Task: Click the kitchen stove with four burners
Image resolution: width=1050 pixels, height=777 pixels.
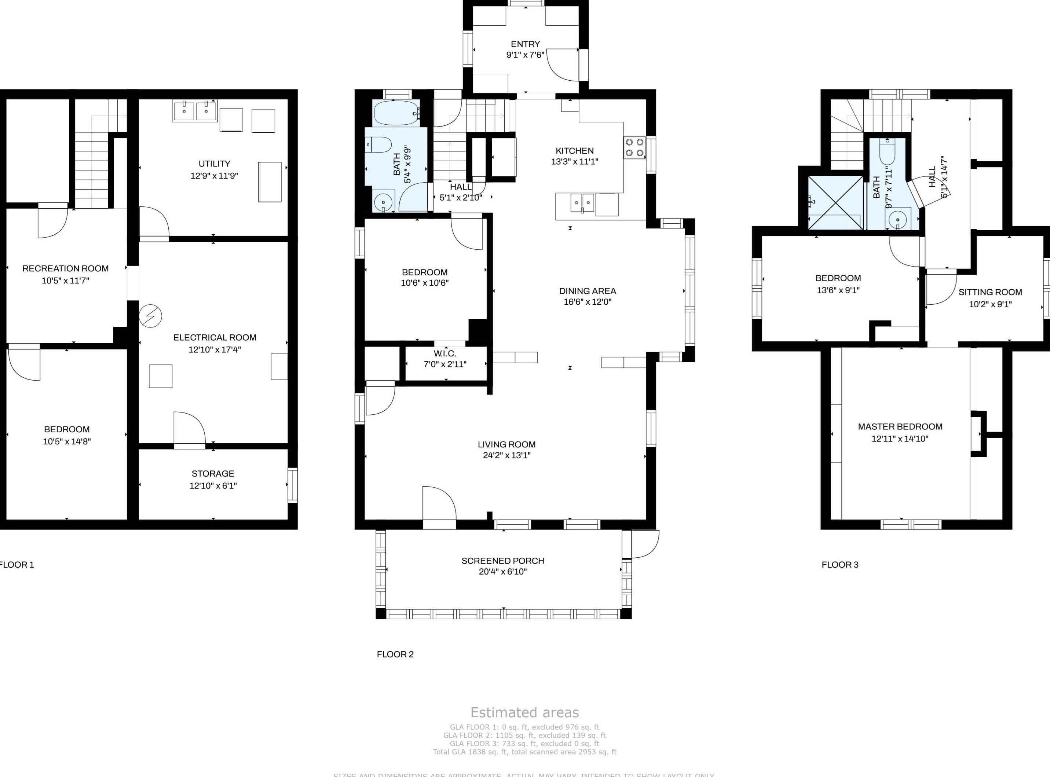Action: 634,147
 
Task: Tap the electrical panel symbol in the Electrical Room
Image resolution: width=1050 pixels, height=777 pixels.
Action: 150,316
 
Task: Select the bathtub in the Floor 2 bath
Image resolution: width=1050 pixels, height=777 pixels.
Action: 396,113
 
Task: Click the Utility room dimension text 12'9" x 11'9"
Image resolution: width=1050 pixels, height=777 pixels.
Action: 214,176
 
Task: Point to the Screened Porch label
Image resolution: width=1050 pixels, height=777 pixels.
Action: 502,561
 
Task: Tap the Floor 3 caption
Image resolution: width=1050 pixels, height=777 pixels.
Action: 840,564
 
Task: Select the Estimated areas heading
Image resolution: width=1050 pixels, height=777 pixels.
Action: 524,712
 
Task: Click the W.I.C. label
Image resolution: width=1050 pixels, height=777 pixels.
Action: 444,353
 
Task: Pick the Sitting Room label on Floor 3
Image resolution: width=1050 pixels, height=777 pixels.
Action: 990,292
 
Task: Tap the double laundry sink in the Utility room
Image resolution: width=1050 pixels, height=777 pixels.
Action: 195,111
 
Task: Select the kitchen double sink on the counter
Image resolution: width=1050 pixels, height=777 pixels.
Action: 582,203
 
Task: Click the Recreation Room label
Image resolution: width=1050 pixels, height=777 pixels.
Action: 65,268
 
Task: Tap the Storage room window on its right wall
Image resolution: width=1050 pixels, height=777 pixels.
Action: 293,485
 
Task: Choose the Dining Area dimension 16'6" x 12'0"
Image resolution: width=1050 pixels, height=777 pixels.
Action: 587,302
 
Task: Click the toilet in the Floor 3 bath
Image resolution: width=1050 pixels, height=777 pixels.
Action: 887,151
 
